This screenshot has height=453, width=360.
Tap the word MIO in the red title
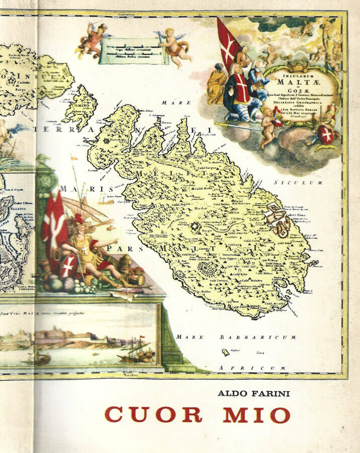point(256,414)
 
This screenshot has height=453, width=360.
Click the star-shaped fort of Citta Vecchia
point(195,230)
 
